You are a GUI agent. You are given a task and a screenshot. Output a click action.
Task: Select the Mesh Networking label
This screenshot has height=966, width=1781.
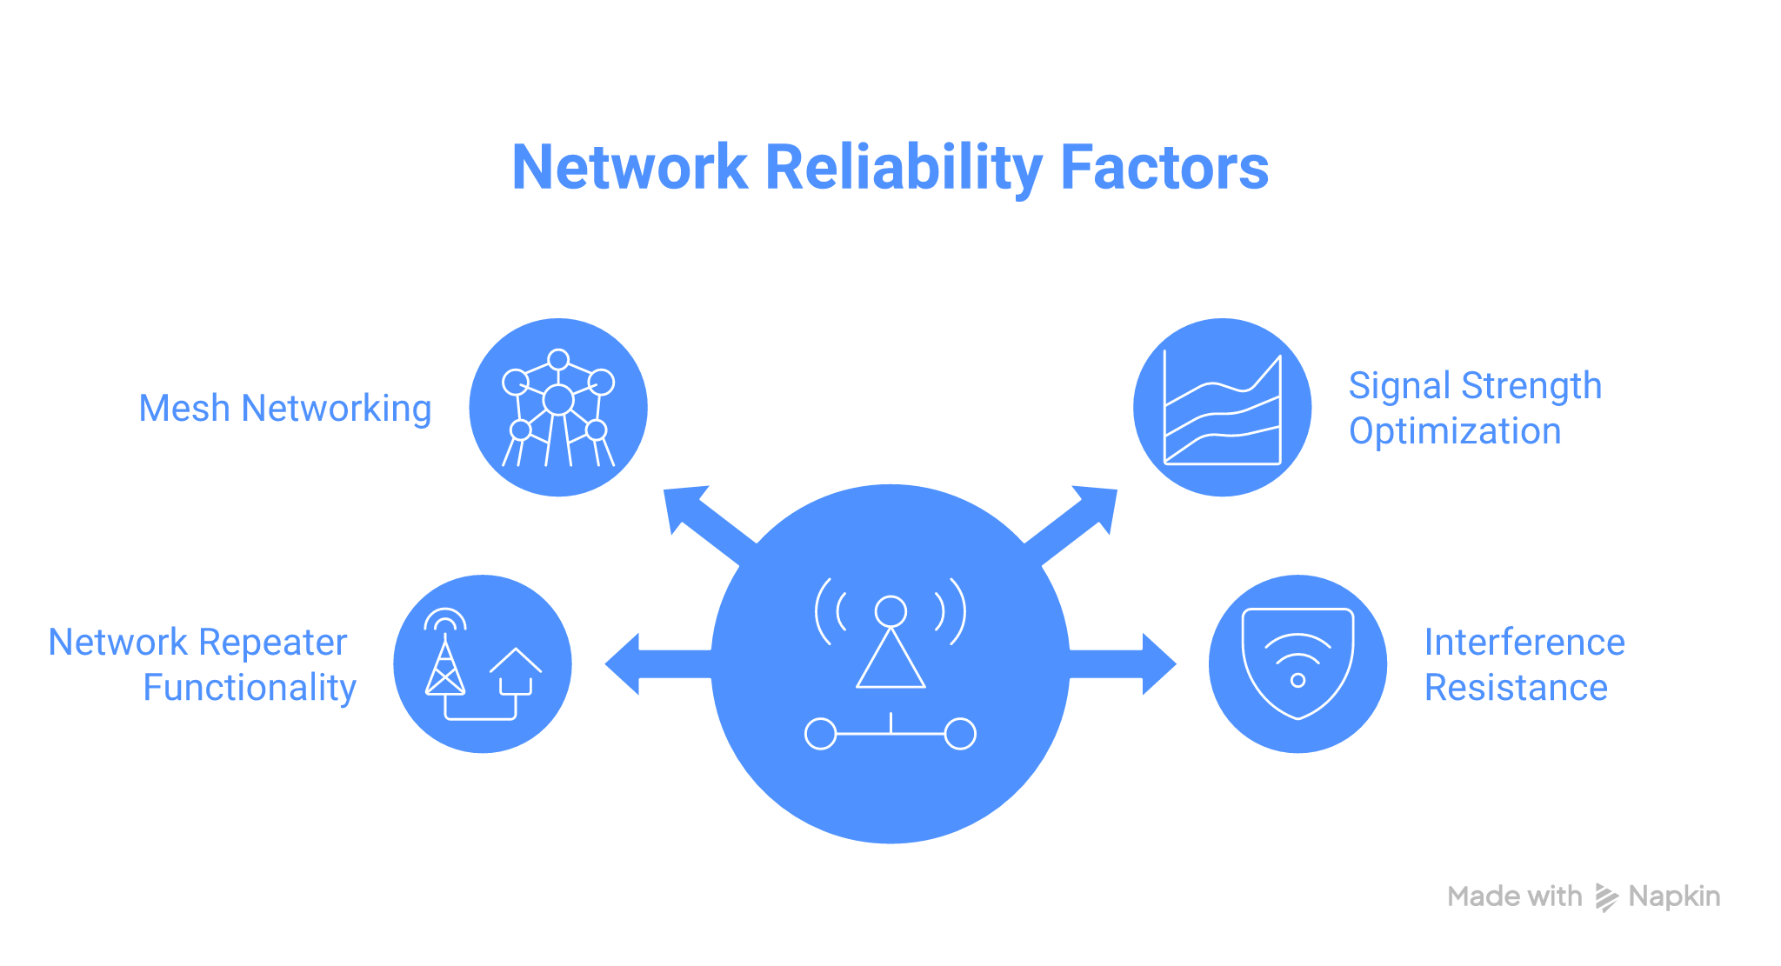coord(285,408)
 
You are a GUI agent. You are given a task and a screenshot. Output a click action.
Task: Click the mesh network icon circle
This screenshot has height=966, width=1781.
coord(558,407)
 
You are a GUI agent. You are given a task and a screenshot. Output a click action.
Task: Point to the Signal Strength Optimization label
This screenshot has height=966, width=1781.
coord(1475,408)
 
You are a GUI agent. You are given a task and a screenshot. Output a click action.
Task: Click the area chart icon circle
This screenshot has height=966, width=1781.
coord(1222,407)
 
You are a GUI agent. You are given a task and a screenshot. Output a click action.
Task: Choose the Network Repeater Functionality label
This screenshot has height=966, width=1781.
coord(202,664)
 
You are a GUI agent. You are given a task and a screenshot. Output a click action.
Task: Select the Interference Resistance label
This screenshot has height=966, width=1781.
coord(1524,664)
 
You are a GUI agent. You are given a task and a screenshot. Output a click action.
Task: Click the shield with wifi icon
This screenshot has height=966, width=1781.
coord(1297,663)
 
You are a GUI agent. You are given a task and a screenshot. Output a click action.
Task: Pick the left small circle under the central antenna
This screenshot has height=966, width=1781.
coord(820,734)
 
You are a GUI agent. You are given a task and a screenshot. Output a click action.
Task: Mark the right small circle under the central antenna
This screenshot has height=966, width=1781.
coord(960,734)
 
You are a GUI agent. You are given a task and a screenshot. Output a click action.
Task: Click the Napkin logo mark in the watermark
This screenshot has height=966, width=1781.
coord(1605,896)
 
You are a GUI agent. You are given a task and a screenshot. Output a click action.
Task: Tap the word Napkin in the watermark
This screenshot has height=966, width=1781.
coord(1674,896)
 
